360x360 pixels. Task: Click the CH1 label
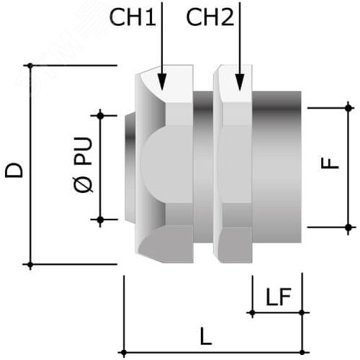(x=132, y=17)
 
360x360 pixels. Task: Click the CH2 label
(x=210, y=17)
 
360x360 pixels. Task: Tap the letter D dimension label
(x=14, y=171)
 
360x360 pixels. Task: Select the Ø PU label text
(x=83, y=165)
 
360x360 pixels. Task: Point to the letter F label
(x=330, y=163)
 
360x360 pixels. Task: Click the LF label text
(x=279, y=297)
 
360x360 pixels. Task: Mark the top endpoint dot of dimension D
(x=30, y=66)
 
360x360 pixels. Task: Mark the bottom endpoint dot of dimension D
(x=30, y=265)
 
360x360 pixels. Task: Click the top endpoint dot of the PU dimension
(x=100, y=116)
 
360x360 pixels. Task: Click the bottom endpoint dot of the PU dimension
(x=100, y=220)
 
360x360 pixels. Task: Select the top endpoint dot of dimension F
(x=348, y=108)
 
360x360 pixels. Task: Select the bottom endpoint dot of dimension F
(x=348, y=227)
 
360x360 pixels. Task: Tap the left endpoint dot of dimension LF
(x=252, y=312)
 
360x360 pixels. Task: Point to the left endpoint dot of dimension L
(x=124, y=353)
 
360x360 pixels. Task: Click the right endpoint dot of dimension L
(x=302, y=353)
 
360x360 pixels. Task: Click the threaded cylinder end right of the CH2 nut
(x=276, y=167)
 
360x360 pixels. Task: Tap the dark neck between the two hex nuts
(x=203, y=167)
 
